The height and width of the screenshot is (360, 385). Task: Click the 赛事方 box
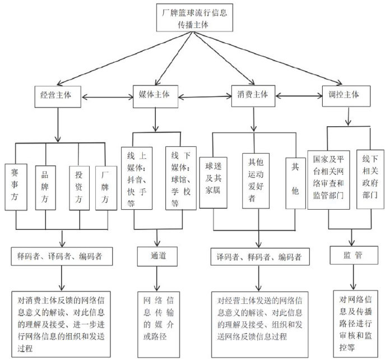15,187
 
